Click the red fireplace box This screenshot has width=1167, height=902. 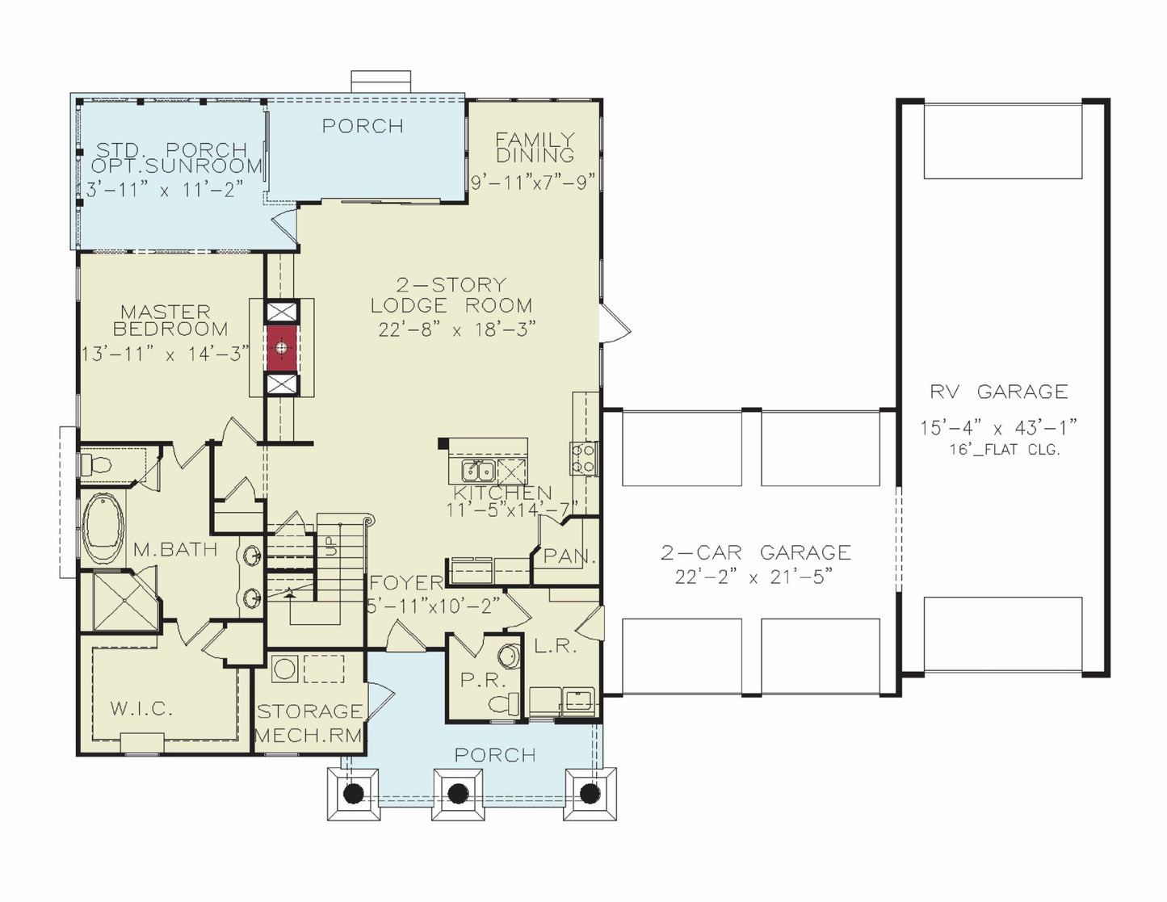click(x=281, y=347)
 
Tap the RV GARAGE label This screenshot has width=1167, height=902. click(x=999, y=392)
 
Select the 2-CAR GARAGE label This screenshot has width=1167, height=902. click(x=756, y=552)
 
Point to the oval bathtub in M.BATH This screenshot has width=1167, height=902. click(x=103, y=529)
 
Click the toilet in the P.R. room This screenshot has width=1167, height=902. click(x=504, y=703)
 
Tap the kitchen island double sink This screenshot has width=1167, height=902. click(x=478, y=471)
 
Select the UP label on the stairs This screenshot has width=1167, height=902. click(x=331, y=547)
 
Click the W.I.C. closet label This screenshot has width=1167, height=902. click(x=142, y=709)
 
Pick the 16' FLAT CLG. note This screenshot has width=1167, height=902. click(x=1005, y=450)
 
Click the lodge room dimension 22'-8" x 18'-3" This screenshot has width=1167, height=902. click(x=457, y=329)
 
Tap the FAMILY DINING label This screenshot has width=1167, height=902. click(x=535, y=147)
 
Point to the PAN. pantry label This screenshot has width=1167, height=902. click(x=570, y=556)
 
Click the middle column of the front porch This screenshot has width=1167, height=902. click(x=458, y=794)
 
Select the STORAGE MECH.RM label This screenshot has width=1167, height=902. click(x=309, y=724)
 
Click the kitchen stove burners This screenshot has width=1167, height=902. click(x=584, y=458)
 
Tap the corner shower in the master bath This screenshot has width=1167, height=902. click(x=125, y=601)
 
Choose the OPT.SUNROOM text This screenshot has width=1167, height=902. click(x=176, y=166)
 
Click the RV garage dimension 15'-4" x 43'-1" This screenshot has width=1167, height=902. click(x=999, y=428)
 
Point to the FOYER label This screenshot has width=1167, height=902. click(x=406, y=582)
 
